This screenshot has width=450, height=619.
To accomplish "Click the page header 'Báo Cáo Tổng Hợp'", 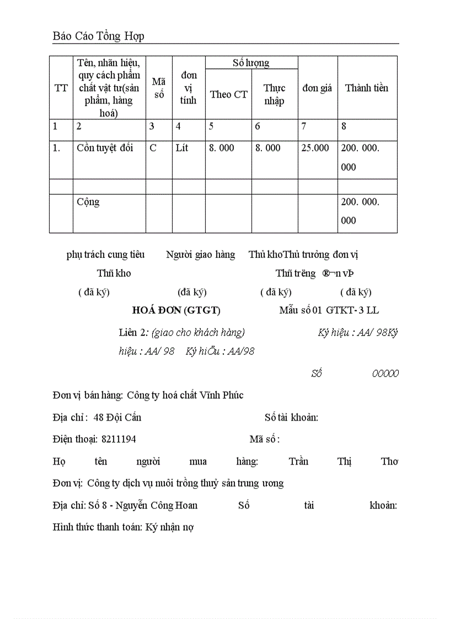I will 98,36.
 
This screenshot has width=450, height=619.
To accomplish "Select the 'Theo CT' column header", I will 228,94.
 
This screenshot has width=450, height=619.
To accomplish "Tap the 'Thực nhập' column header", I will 274,94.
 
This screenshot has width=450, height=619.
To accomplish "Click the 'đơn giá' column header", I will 317,88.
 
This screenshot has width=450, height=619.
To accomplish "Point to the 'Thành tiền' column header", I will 367,88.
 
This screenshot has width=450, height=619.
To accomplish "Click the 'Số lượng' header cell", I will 251,63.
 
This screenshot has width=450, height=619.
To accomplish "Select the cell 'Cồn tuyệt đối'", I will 105,148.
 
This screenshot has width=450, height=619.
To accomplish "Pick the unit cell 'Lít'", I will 182,148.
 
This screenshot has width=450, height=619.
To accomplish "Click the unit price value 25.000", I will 315,148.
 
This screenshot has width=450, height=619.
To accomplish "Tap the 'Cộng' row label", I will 88,202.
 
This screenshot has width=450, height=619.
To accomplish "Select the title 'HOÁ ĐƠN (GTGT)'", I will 176,310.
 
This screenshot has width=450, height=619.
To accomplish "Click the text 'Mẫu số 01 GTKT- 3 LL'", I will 329,310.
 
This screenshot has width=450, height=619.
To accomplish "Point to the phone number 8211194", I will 119,439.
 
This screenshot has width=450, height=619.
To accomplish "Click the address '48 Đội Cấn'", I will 117,417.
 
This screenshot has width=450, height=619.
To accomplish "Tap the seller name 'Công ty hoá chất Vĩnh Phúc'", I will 185,395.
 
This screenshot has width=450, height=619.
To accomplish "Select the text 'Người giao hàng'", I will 201,255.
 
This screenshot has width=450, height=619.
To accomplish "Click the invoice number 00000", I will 385,374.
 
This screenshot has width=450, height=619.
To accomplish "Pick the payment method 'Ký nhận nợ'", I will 169,527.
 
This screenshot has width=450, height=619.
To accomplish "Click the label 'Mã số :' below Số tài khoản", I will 265,439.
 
